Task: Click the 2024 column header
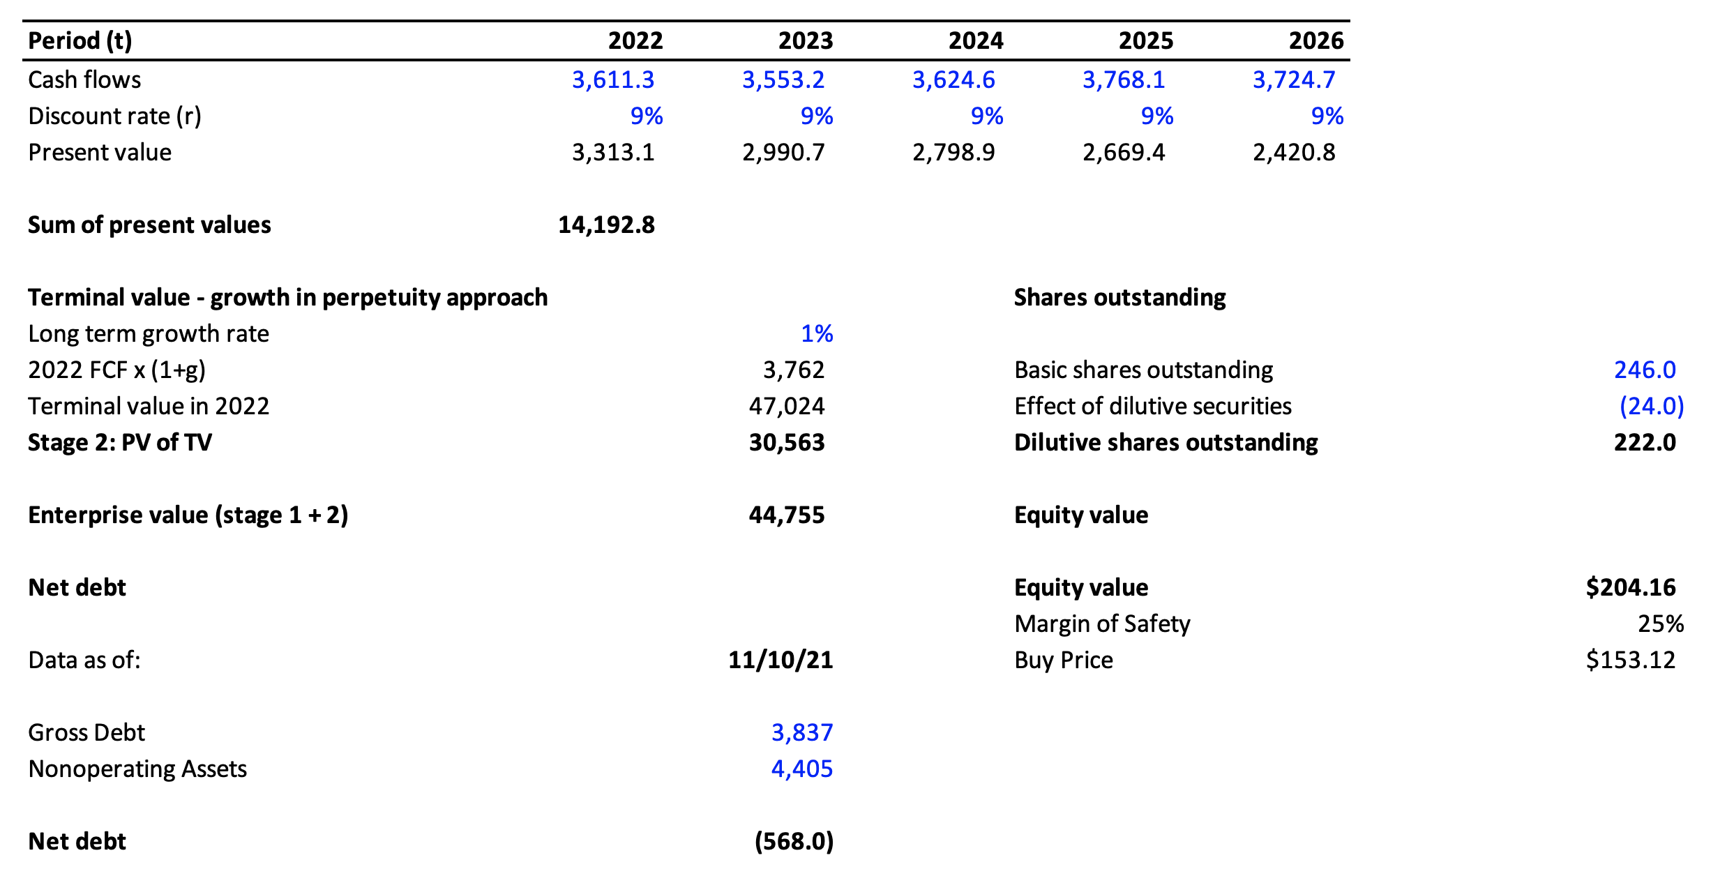tap(975, 40)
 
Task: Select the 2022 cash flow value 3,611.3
tap(612, 80)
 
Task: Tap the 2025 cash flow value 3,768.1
tap(1123, 80)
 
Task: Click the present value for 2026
tap(1293, 152)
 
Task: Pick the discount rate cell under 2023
tap(816, 116)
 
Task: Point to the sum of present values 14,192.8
tap(605, 225)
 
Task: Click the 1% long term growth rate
tap(816, 333)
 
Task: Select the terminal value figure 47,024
tap(786, 406)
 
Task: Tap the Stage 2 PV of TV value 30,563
tap(786, 442)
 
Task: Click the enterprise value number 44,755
tap(786, 515)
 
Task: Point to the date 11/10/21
tap(780, 660)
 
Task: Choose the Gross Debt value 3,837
tap(801, 732)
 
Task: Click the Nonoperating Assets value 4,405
tap(801, 769)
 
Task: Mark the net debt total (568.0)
tap(794, 841)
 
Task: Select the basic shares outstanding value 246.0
tap(1644, 370)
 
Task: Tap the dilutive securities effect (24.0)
tap(1651, 406)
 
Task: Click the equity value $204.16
tap(1630, 587)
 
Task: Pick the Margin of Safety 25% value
tap(1660, 624)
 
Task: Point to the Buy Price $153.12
tap(1630, 660)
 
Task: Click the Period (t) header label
tap(80, 40)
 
